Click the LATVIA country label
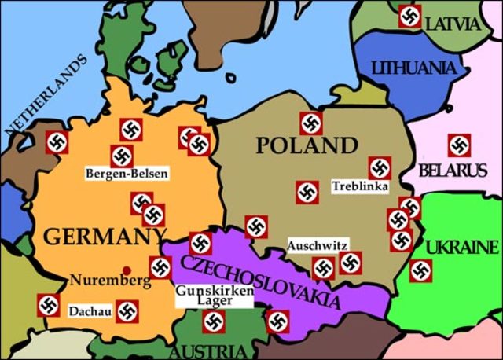(x=452, y=24)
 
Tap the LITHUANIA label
(x=413, y=67)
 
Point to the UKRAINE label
(x=461, y=248)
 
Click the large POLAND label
(x=306, y=146)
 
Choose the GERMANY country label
(x=105, y=236)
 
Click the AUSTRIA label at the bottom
(x=208, y=351)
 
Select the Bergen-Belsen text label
(x=127, y=173)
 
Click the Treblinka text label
(x=358, y=187)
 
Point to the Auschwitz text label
(x=318, y=244)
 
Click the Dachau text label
(x=89, y=311)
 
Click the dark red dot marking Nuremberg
(x=126, y=270)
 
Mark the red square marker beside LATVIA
(x=409, y=16)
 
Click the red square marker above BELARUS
(x=459, y=145)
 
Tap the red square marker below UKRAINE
(x=422, y=272)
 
